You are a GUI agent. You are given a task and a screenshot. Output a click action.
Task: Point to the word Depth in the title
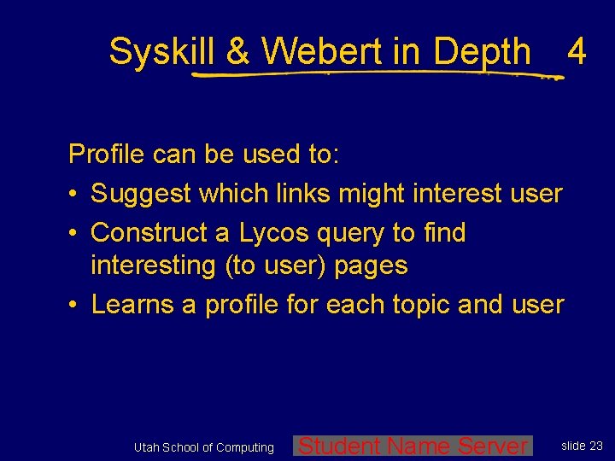pyautogui.click(x=482, y=53)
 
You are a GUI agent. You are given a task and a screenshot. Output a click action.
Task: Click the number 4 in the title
pyautogui.click(x=577, y=53)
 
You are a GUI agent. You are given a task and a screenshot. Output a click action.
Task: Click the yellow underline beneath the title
pyautogui.click(x=367, y=75)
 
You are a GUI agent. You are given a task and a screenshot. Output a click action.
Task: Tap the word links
pyautogui.click(x=304, y=194)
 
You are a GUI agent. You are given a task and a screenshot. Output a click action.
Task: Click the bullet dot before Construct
pyautogui.click(x=74, y=233)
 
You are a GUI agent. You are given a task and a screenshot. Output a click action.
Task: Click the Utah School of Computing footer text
pyautogui.click(x=204, y=447)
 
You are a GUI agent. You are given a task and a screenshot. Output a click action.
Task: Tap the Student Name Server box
pyautogui.click(x=413, y=446)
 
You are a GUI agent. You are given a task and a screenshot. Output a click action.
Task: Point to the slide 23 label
pyautogui.click(x=582, y=446)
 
